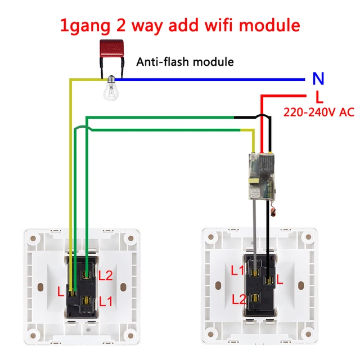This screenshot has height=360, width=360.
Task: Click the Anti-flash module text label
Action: [185, 62]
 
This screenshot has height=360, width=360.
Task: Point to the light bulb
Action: [111, 91]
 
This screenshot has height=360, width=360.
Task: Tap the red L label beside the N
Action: [318, 96]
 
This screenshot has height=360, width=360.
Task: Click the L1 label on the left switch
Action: [106, 301]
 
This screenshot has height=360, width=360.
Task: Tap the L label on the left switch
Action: [61, 291]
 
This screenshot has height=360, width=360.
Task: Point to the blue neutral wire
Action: [214, 80]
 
